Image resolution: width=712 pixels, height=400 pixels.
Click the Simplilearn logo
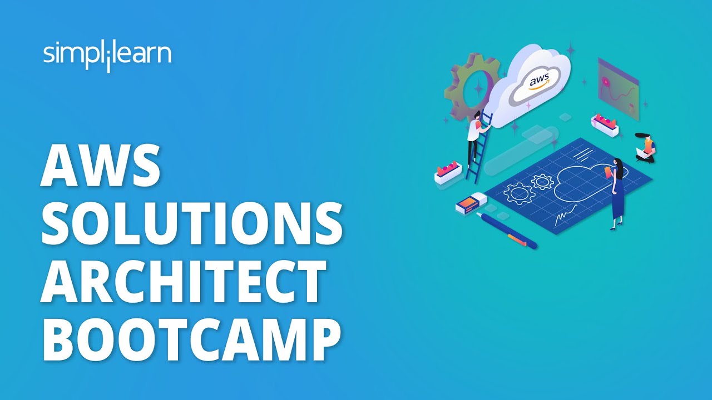[x=107, y=56]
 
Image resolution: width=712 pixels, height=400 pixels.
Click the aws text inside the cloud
[x=538, y=82]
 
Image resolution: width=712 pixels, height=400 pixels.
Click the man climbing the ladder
[x=474, y=133]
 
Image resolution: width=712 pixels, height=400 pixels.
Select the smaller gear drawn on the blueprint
[x=542, y=181]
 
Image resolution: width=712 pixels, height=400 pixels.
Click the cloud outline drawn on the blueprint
[x=584, y=183]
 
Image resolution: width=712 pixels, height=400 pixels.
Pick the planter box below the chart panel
[x=605, y=125]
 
